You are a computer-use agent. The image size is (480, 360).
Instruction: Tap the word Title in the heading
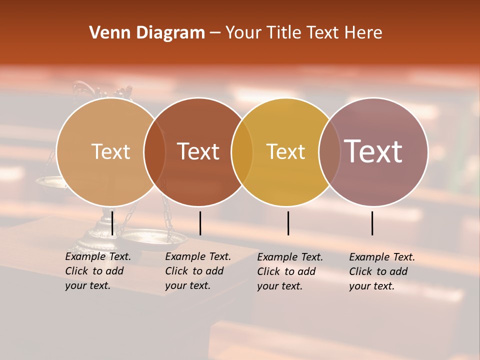(285, 32)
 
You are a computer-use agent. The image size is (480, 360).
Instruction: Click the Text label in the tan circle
(110, 151)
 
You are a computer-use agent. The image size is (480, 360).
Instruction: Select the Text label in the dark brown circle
(198, 151)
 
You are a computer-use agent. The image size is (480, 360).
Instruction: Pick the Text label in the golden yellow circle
(285, 151)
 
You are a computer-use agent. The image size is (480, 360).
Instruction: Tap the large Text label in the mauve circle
(373, 151)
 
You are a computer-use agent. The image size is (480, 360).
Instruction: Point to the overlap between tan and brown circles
(154, 151)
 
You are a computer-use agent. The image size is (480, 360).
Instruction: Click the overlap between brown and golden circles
(242, 151)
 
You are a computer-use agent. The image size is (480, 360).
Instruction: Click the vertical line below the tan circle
(112, 223)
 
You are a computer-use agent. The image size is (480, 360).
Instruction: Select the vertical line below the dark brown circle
(200, 223)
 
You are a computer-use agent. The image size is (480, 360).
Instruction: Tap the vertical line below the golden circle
(288, 223)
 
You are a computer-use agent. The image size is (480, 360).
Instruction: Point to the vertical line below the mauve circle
(372, 223)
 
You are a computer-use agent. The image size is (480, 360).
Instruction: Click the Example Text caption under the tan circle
(97, 271)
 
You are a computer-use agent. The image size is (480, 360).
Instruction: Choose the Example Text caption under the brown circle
(197, 271)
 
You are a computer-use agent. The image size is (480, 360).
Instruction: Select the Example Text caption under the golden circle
(289, 271)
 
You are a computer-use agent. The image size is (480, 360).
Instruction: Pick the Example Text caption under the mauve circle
(381, 271)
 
